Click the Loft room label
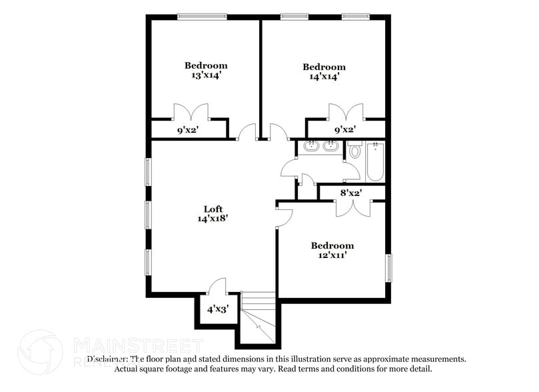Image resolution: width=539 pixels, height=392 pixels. point(213,209)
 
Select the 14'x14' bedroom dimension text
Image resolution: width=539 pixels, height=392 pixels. point(324,77)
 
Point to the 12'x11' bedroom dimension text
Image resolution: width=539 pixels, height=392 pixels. point(332,255)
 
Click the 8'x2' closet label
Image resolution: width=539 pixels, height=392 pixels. point(350,193)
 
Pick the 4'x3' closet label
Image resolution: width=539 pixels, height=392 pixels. point(217,309)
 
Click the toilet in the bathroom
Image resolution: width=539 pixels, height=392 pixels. point(354,151)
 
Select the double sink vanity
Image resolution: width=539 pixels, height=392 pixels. point(319,146)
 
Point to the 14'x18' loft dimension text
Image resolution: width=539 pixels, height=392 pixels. point(213,218)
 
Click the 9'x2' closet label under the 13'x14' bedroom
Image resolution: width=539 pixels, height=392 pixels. point(187,130)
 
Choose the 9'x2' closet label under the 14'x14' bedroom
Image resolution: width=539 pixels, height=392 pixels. point(344,129)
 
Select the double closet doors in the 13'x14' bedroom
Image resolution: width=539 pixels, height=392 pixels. point(191,111)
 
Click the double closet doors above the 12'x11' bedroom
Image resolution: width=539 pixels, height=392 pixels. point(352,207)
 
